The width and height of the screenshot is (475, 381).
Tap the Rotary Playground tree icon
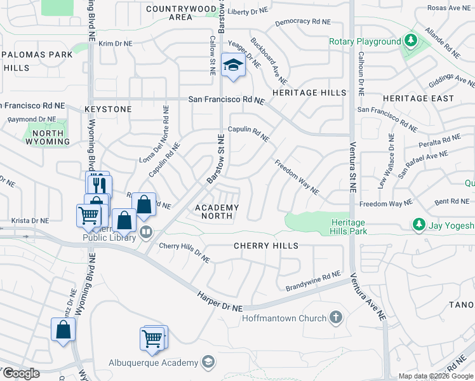[411, 42]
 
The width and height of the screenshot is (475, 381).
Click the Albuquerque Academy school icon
[207, 363]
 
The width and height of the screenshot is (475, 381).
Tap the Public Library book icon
[146, 232]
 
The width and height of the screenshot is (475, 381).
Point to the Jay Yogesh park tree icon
[418, 225]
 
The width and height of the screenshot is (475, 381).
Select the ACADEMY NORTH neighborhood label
[217, 211]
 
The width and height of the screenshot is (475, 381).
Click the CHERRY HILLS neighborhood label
[266, 245]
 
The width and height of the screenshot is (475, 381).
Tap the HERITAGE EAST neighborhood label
[418, 98]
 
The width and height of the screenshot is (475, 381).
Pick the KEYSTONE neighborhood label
[108, 109]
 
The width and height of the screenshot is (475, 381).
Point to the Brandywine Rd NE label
[313, 276]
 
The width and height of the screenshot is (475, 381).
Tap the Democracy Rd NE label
[303, 22]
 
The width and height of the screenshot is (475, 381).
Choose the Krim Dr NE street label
[115, 44]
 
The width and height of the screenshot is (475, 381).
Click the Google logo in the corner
[20, 373]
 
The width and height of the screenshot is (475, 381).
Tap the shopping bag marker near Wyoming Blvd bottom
[63, 330]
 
